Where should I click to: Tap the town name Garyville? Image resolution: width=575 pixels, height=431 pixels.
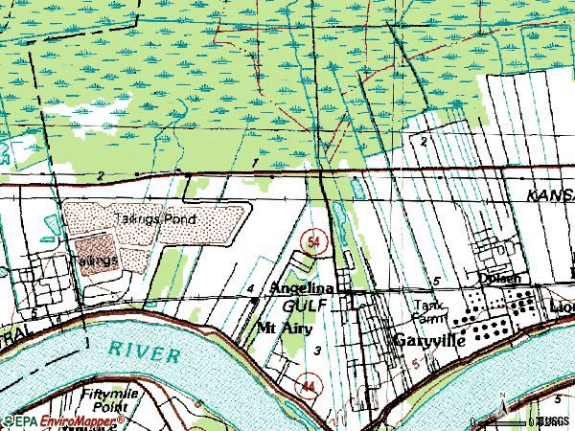click(429, 340)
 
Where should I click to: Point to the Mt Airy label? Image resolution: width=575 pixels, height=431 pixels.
click(286, 327)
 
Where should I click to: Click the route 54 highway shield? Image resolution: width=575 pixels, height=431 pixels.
click(313, 242)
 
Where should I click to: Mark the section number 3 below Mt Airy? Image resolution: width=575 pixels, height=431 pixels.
click(316, 351)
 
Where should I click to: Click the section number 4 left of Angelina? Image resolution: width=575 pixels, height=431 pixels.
click(249, 288)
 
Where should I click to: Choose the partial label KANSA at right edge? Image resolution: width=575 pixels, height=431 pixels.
click(550, 193)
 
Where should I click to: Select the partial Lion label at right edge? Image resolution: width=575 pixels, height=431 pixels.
click(563, 306)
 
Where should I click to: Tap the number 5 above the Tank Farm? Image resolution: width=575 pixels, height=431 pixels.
click(436, 281)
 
